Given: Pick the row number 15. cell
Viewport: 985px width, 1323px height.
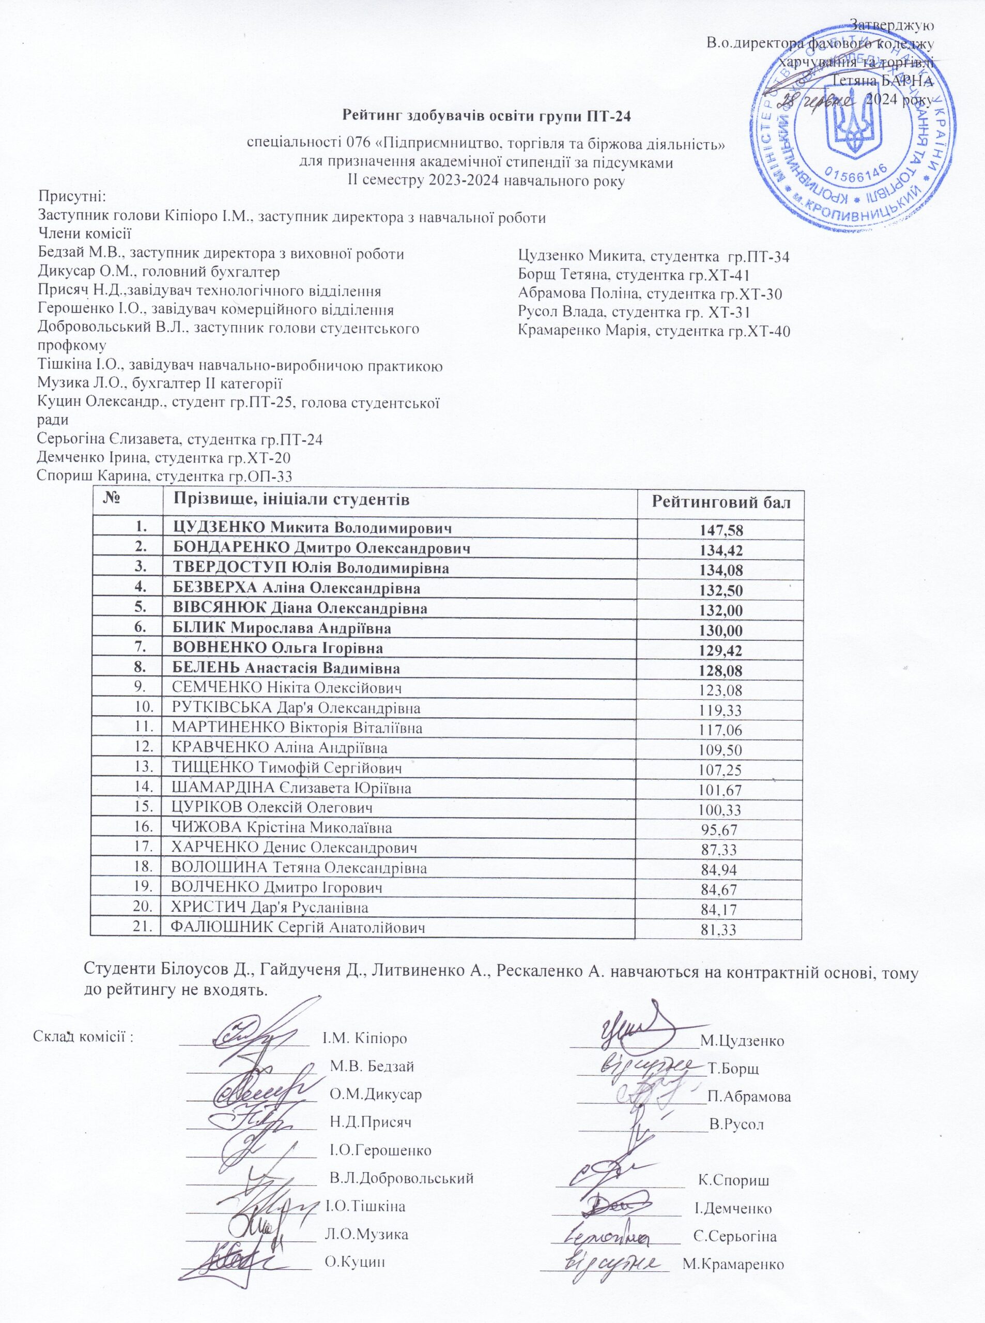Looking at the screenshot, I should [x=141, y=808].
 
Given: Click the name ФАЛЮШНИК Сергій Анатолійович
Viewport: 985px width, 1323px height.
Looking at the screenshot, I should [x=299, y=928].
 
